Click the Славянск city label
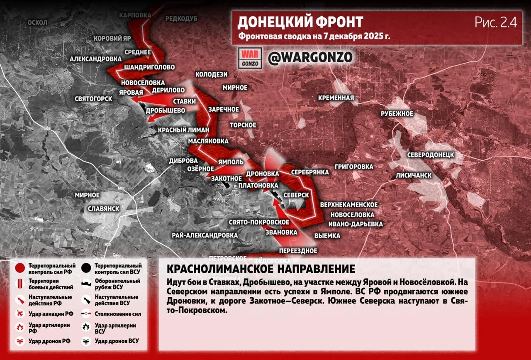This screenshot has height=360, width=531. [104, 208]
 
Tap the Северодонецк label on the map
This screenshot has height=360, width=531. [430, 155]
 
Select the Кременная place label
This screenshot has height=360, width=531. [336, 98]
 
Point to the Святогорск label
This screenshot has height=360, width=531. [93, 99]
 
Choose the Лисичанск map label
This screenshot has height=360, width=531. [414, 175]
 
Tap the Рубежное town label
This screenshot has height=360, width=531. [397, 114]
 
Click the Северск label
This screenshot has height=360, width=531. [296, 195]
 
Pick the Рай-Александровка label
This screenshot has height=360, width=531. [205, 235]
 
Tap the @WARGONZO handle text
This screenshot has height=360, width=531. [310, 57]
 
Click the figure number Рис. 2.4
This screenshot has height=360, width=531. [496, 23]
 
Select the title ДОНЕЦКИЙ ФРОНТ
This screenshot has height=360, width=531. [300, 22]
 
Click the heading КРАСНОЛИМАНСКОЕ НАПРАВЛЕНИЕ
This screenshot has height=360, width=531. [261, 269]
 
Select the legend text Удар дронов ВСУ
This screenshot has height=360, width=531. [117, 341]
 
